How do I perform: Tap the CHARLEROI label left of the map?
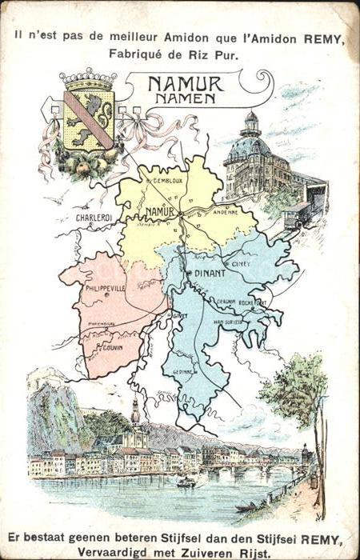coord(94,217)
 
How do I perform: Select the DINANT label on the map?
coord(210,273)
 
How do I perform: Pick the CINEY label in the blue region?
coord(240,263)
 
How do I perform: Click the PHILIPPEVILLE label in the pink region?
coord(101,287)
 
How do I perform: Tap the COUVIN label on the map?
coord(110,349)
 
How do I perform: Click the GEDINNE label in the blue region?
coord(184,371)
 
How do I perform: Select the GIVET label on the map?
coord(180,315)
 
